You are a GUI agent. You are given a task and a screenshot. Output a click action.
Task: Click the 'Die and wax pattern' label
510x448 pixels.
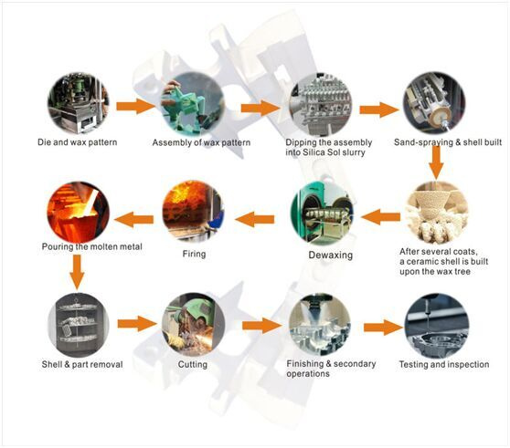tap(77, 142)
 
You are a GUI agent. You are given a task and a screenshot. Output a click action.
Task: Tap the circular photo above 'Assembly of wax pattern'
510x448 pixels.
tap(193, 103)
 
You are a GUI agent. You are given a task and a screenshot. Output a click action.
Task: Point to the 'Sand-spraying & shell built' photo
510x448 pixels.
tap(434, 103)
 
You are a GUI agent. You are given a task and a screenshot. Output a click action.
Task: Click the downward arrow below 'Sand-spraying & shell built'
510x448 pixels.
tap(436, 162)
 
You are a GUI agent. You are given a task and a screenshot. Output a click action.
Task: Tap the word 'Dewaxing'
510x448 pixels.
tap(331, 255)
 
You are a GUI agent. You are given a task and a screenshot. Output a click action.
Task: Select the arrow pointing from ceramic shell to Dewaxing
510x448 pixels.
tap(380, 217)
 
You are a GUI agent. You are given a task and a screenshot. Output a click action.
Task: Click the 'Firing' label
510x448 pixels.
tap(194, 254)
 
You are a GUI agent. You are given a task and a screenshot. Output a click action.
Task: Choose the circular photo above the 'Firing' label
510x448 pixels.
tap(193, 212)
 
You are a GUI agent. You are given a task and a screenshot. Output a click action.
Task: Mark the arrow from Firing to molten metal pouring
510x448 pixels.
tap(133, 220)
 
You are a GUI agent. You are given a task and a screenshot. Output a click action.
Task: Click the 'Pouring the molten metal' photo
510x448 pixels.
tap(79, 213)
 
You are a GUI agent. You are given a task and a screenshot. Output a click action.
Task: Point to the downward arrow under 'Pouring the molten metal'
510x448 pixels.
tap(77, 272)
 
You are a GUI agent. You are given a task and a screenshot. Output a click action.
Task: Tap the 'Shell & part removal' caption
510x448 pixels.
tap(82, 364)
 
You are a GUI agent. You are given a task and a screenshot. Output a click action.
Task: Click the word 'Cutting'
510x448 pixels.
tap(193, 364)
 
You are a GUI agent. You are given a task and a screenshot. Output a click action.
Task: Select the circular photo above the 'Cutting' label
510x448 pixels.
tap(193, 324)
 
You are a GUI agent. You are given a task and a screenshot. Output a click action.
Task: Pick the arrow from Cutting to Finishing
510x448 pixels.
tap(262, 326)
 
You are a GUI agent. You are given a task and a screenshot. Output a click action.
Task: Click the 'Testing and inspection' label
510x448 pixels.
tap(444, 365)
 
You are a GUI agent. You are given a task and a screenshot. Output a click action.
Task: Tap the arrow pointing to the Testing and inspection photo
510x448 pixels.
tap(383, 328)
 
